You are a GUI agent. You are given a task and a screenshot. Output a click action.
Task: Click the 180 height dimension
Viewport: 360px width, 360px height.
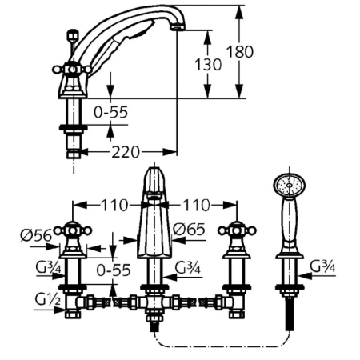240,52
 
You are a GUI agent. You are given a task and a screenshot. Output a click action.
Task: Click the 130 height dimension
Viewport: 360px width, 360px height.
208,64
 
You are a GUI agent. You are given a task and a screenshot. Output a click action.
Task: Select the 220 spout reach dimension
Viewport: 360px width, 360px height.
126,152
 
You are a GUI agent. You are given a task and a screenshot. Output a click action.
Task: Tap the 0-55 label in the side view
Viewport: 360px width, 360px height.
110,112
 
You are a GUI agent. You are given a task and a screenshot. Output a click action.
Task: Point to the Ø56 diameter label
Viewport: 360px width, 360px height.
37,235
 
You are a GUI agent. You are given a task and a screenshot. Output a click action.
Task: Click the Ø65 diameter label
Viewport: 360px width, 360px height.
189,229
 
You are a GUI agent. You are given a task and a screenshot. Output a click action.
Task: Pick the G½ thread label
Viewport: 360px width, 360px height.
48,300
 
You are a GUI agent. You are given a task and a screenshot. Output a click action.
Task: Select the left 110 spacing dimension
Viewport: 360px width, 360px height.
114,206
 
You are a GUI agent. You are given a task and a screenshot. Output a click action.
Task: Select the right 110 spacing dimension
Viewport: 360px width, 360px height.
196,206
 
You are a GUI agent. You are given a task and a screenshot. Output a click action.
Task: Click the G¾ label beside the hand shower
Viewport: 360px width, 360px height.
322,266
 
